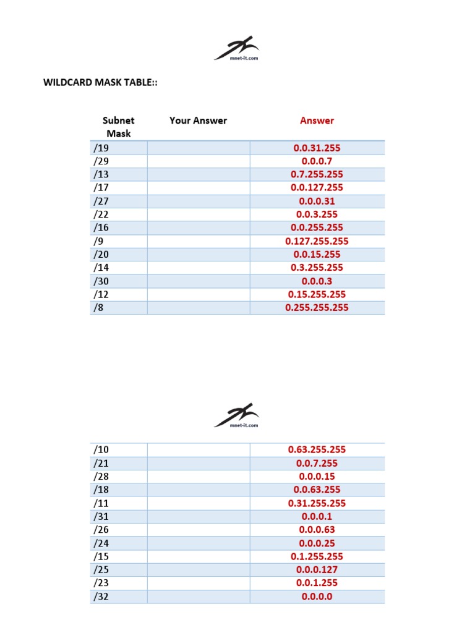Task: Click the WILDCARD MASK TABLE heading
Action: (100, 83)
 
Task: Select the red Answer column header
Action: (317, 121)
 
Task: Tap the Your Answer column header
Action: (198, 121)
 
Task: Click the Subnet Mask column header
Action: (118, 127)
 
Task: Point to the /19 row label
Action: (101, 148)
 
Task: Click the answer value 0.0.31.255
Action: (317, 148)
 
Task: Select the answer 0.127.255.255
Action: (317, 241)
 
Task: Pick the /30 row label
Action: (101, 281)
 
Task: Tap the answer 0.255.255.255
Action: (317, 307)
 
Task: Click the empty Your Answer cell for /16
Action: (198, 227)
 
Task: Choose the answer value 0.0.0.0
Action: (317, 597)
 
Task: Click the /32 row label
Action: (101, 597)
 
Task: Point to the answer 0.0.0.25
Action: (317, 543)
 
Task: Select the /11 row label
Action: (101, 503)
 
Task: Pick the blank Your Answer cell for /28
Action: (198, 477)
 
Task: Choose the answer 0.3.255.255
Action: (317, 268)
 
